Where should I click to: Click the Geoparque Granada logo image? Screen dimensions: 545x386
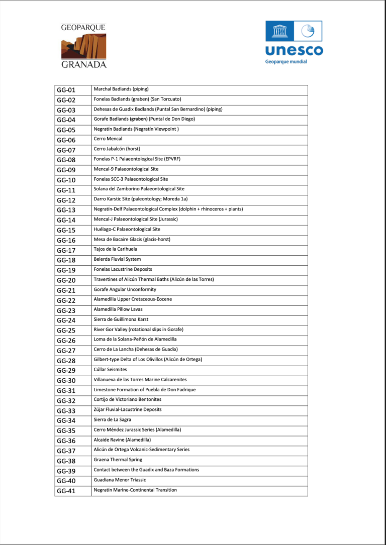pyautogui.click(x=83, y=46)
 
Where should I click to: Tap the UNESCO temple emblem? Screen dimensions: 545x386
pyautogui.click(x=278, y=31)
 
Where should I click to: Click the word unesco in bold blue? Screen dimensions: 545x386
pyautogui.click(x=294, y=51)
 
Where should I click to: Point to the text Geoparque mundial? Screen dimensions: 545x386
pyautogui.click(x=286, y=62)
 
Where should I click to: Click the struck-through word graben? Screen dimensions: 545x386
pyautogui.click(x=138, y=119)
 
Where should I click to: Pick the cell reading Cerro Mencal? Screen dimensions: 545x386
pyautogui.click(x=108, y=139)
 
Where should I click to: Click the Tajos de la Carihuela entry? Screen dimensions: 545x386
pyautogui.click(x=115, y=249)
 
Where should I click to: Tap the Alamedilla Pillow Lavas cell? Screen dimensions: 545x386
pyautogui.click(x=119, y=309)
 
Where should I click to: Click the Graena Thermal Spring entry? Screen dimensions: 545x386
pyautogui.click(x=118, y=460)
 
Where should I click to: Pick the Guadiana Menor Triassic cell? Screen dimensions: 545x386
pyautogui.click(x=121, y=480)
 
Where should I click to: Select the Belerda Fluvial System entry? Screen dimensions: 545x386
pyautogui.click(x=117, y=259)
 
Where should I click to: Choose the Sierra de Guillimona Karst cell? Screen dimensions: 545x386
pyautogui.click(x=121, y=319)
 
